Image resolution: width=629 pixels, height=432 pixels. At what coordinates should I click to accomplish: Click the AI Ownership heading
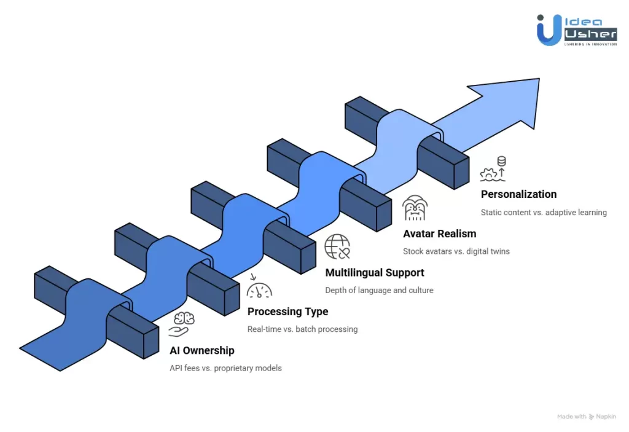pos(201,351)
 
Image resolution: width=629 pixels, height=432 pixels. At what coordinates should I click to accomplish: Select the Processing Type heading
pos(287,312)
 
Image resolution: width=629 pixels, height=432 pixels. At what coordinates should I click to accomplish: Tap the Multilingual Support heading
pos(374,272)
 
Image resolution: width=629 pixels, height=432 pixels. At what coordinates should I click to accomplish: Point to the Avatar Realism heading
pos(439,234)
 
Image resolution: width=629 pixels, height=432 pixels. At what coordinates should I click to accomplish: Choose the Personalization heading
pos(518,194)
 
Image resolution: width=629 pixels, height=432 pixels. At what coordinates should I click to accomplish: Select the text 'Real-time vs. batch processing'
pos(302,329)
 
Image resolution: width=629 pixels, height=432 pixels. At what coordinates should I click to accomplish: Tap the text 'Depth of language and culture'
pos(379,289)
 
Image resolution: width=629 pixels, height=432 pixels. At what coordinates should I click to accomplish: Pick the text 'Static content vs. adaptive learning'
pos(544,212)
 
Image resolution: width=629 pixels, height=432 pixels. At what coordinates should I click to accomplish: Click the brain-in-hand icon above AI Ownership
pos(181,324)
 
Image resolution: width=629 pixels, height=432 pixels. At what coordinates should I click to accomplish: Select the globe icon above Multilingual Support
pos(337,246)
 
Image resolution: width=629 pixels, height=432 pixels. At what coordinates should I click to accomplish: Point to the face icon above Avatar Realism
pos(415,208)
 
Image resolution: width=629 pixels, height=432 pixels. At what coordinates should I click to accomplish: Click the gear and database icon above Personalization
pos(493,170)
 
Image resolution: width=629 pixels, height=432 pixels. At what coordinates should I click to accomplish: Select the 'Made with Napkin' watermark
pos(586,416)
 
